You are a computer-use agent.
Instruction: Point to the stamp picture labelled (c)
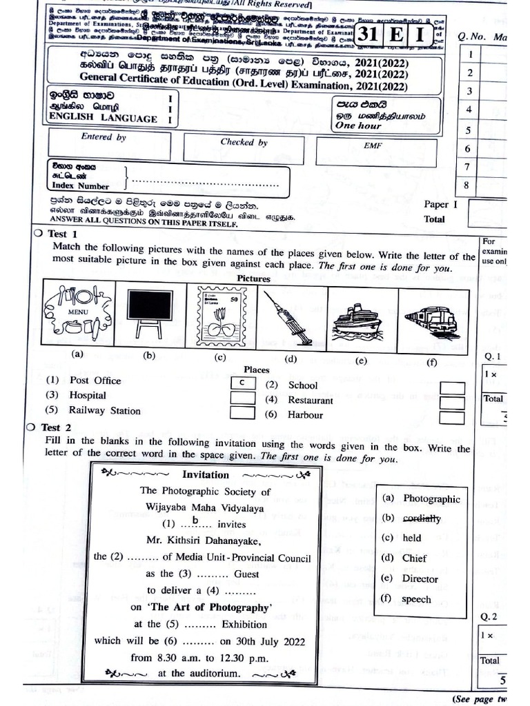[219, 316]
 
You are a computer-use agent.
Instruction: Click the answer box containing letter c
[242, 382]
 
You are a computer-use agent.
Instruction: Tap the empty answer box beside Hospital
[242, 396]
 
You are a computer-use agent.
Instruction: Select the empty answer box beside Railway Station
[242, 412]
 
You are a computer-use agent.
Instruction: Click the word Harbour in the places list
[305, 415]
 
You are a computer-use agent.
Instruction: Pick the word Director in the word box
[420, 578]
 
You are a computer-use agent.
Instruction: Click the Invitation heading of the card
[205, 474]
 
